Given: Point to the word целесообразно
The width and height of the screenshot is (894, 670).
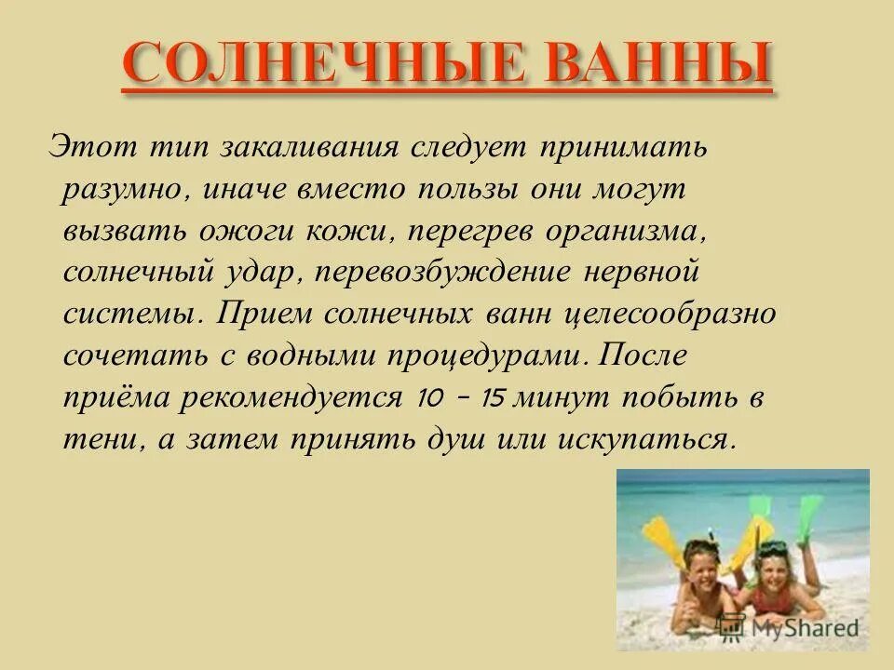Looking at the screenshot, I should point(670,313).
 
